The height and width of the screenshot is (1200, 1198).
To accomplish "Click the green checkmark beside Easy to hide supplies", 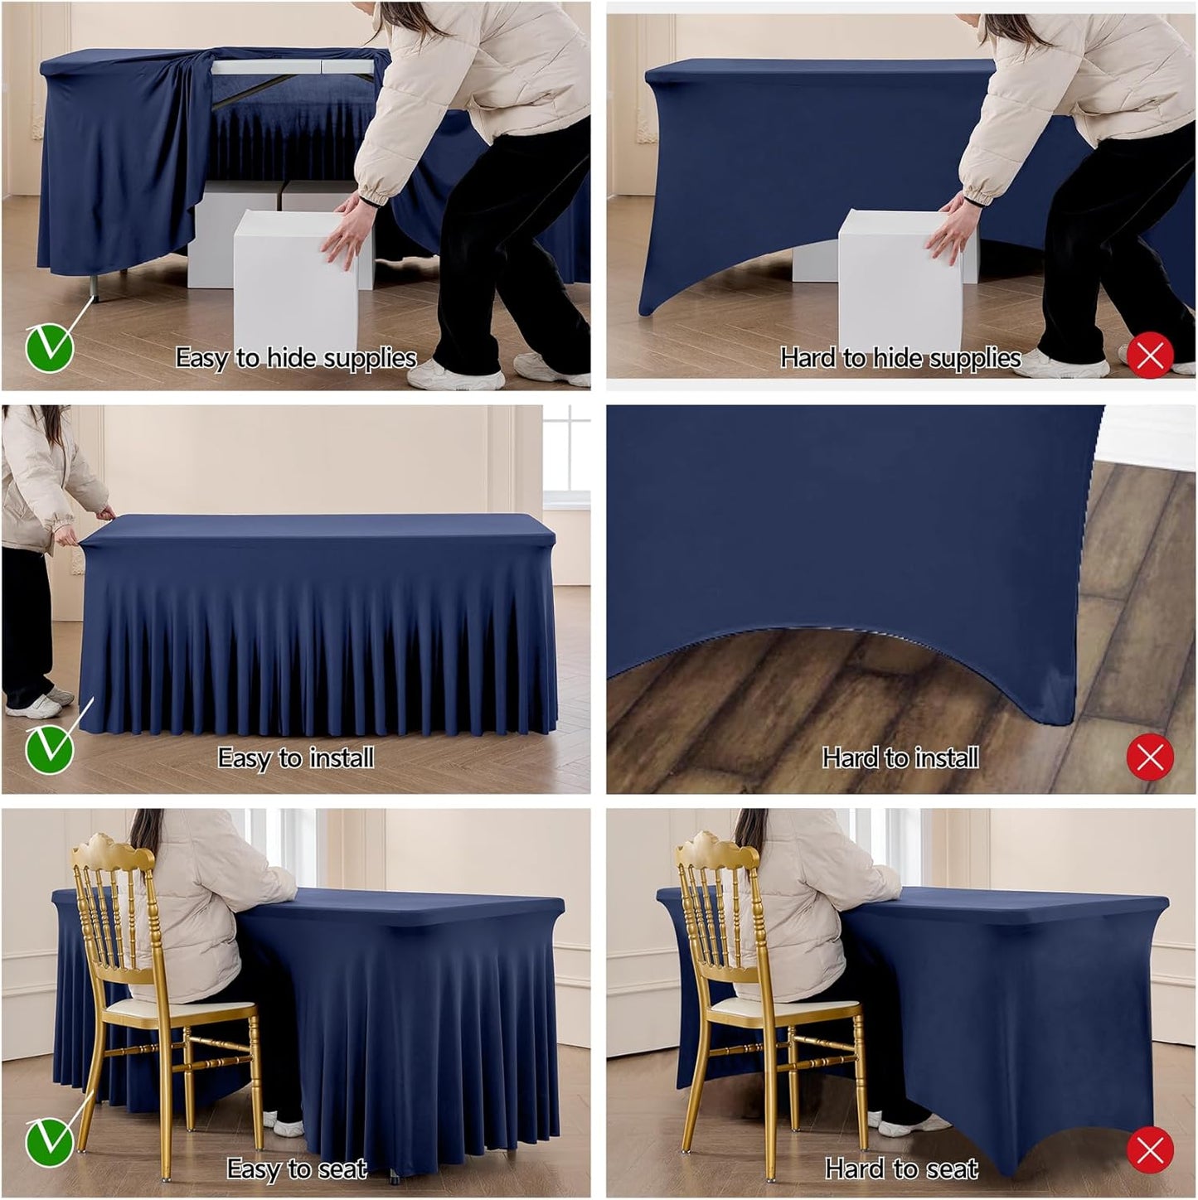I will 50,347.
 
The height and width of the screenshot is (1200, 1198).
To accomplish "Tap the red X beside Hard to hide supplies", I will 1150,356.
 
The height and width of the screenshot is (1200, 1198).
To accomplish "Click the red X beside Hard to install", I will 1150,757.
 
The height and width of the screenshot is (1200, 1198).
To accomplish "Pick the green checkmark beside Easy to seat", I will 50,1142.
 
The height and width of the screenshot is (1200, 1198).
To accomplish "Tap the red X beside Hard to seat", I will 1150,1150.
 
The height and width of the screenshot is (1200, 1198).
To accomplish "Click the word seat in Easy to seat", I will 342,1169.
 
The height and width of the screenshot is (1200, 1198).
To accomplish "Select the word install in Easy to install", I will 341,757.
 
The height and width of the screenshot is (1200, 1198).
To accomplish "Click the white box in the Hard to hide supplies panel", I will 900,273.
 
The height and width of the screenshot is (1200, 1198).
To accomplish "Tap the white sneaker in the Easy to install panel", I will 33,706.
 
